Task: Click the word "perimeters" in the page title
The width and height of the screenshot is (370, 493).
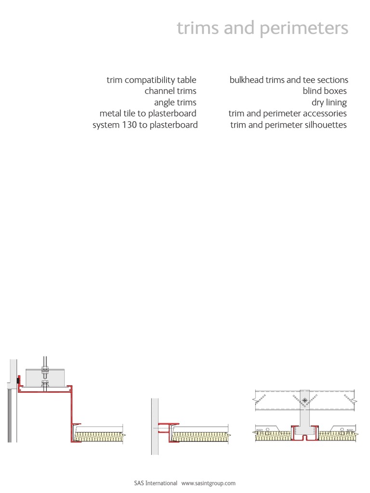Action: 304,29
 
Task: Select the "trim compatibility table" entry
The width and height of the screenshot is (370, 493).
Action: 151,80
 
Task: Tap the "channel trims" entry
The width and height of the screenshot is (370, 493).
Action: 170,91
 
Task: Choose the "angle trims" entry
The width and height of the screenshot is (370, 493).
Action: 175,103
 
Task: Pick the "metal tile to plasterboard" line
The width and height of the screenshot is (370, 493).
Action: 148,114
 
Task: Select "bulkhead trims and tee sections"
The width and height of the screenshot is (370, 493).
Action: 289,80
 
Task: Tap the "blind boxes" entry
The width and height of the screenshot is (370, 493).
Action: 325,91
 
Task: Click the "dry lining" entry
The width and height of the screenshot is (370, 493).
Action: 329,103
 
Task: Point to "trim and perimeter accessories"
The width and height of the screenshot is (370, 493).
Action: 288,114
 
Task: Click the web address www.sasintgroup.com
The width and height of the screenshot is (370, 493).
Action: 208,483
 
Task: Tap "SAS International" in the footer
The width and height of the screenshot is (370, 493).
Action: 156,483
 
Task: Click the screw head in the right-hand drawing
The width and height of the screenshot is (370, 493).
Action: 304,400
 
